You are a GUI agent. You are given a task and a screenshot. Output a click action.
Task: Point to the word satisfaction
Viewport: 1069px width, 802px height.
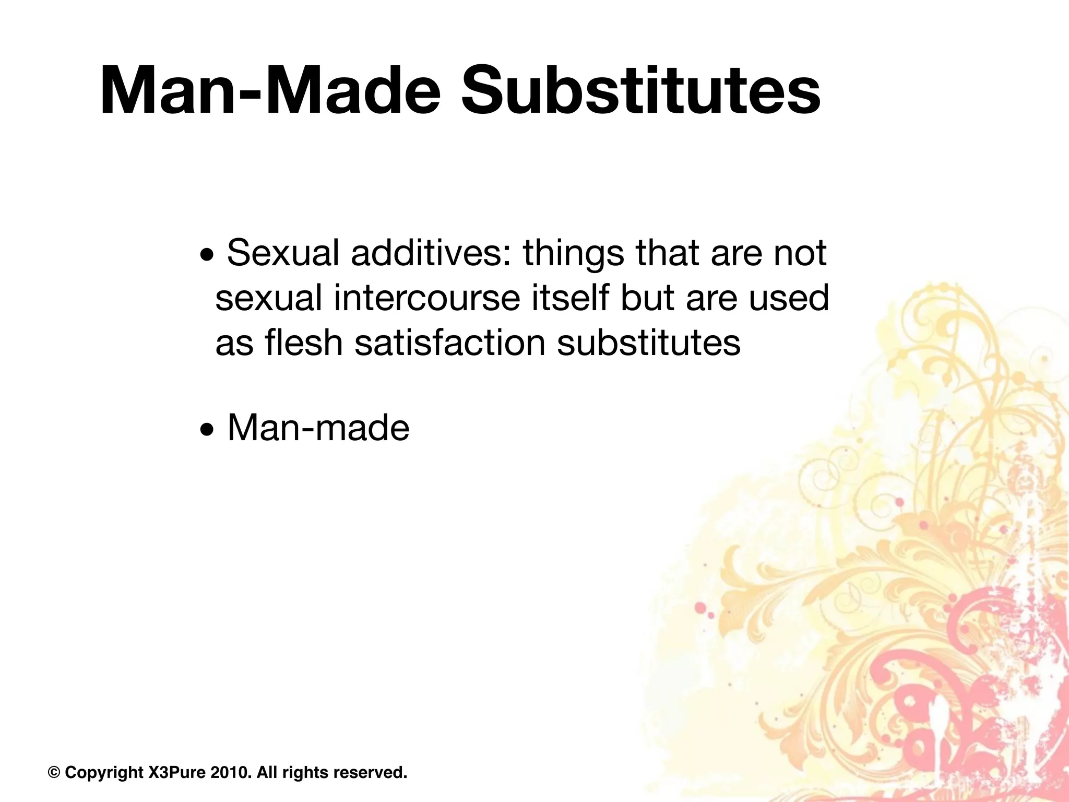[x=450, y=344]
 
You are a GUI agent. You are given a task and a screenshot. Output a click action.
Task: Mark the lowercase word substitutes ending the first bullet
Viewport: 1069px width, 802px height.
[x=649, y=344]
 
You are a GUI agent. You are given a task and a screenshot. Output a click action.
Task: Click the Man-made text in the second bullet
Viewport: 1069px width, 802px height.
[x=318, y=428]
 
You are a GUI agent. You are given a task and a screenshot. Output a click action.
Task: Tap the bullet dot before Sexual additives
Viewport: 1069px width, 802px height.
[x=207, y=257]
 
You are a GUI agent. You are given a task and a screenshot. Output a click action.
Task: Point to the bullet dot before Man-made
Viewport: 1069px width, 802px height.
[x=207, y=431]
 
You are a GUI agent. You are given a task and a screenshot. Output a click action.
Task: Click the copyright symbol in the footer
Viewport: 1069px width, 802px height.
[x=53, y=772]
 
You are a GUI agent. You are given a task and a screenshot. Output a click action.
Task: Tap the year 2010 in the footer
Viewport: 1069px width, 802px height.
[x=229, y=772]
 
